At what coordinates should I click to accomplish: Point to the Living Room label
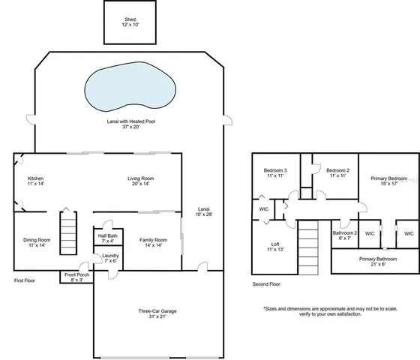(141, 181)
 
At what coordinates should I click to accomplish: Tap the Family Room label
(153, 242)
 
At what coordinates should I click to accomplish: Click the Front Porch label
(76, 277)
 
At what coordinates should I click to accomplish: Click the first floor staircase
(68, 234)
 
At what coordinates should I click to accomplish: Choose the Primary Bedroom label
(388, 181)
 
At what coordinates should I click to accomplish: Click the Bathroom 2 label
(345, 235)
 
